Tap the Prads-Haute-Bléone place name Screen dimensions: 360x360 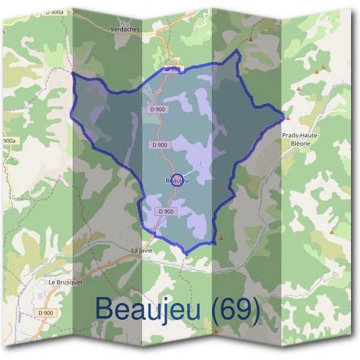coord(300,136)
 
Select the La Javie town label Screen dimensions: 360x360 coord(143,250)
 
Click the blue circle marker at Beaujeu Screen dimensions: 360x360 coord(177,179)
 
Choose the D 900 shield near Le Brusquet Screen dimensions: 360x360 coord(45,313)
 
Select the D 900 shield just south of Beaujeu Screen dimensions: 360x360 coord(166,211)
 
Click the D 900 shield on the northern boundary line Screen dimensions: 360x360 coord(173,70)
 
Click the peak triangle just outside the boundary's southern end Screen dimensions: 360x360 coord(221,238)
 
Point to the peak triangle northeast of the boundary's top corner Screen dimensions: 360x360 coord(251,40)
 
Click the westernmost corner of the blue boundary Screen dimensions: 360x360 coord(71,73)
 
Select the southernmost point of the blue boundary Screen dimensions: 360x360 coord(186,254)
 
